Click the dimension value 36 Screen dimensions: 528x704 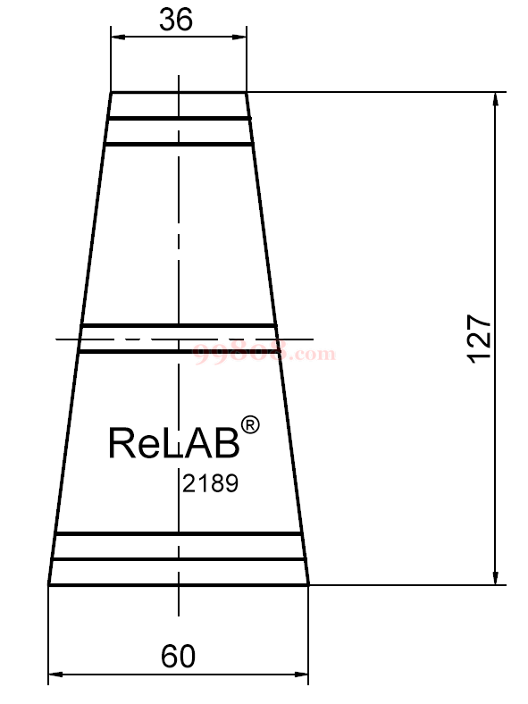176,20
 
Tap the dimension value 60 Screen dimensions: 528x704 179,657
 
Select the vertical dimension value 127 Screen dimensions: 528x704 479,339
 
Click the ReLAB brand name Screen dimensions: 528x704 173,443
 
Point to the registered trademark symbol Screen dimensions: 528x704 250,424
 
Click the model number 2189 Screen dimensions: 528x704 210,483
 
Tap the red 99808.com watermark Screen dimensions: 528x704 264,353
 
